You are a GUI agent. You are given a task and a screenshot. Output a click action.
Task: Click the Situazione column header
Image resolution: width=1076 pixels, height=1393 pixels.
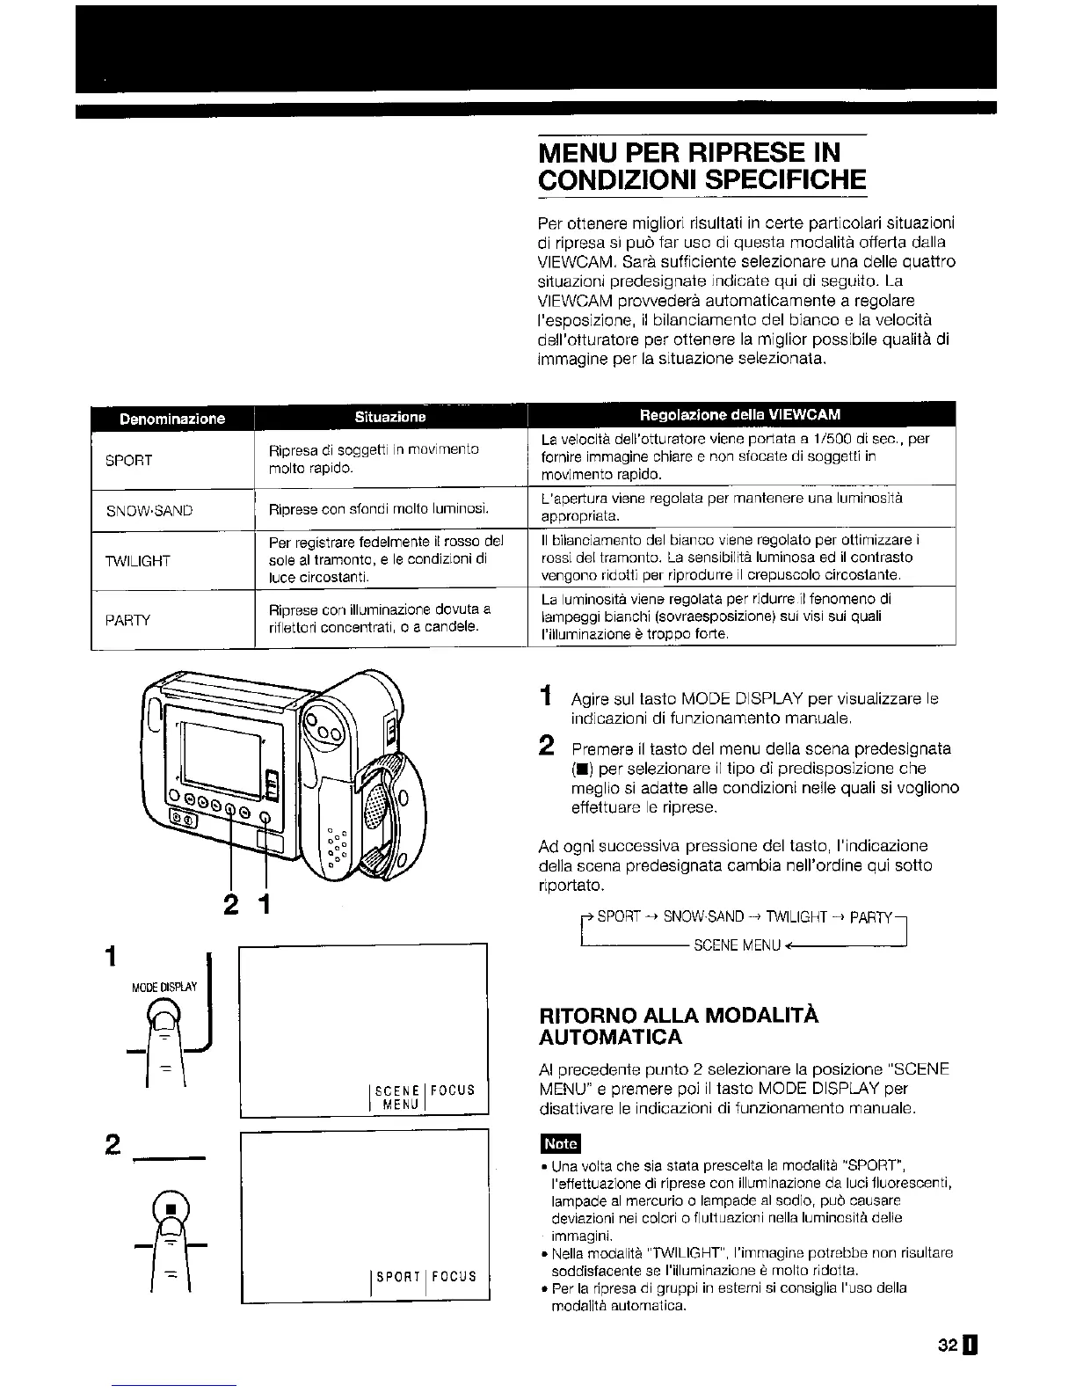click(x=389, y=416)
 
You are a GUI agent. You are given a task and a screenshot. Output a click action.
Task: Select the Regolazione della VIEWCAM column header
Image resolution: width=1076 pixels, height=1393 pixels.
click(x=740, y=414)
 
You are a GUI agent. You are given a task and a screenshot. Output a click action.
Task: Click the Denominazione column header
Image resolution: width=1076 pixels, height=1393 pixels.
click(x=171, y=419)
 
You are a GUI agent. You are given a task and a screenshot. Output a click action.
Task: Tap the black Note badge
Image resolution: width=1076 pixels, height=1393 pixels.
click(x=560, y=1143)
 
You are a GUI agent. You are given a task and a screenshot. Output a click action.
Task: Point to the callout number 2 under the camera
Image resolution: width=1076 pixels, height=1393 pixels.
click(x=231, y=904)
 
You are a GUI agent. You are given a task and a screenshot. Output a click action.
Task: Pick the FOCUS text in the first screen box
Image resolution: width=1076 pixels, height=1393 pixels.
click(x=454, y=1090)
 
